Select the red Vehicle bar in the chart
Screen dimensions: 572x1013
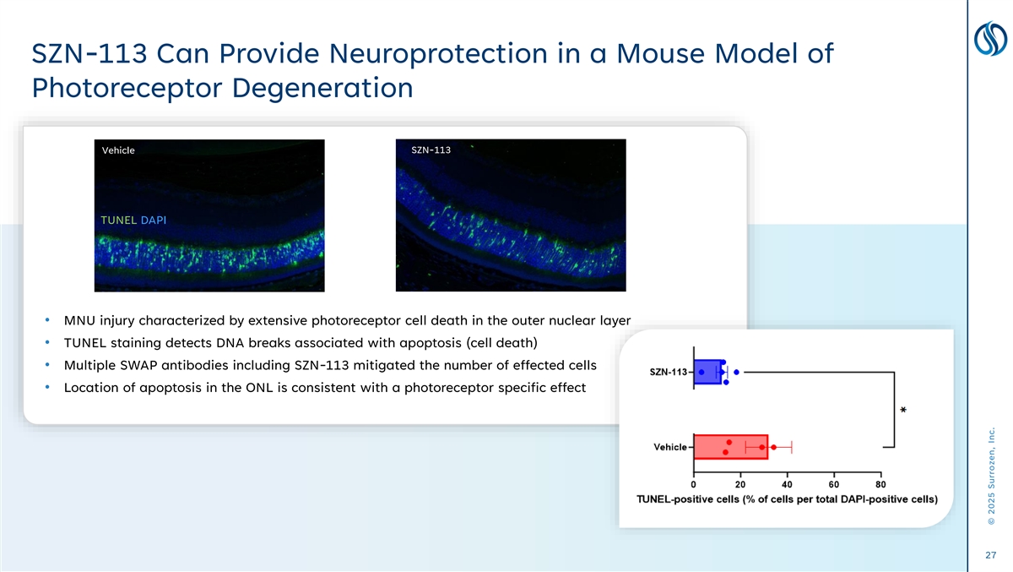(x=729, y=446)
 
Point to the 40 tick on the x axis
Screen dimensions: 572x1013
(x=787, y=484)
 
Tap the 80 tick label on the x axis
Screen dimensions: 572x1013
(x=880, y=484)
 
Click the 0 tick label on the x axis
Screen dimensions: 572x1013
(x=694, y=484)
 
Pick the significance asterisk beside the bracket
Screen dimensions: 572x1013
(x=903, y=411)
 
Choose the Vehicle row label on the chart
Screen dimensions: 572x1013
(x=669, y=447)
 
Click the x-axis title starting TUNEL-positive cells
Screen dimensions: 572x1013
(x=786, y=498)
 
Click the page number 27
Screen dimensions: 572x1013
(x=991, y=555)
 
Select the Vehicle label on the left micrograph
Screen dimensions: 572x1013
(x=118, y=150)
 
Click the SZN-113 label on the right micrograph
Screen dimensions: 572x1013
(x=431, y=150)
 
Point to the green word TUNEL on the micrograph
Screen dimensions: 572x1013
(x=118, y=221)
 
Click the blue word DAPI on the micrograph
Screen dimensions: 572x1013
(x=153, y=221)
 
